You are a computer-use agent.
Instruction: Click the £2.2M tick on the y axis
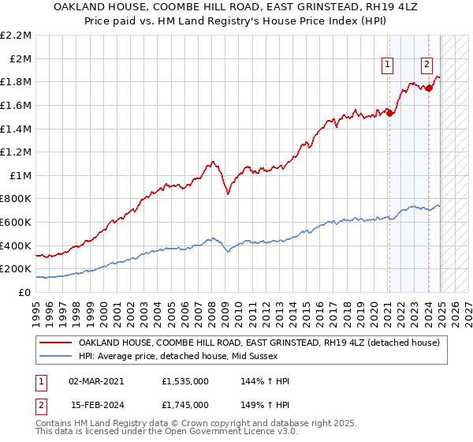tap(16, 36)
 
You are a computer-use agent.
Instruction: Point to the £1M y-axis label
tap(20, 175)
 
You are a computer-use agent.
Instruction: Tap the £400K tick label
tap(16, 245)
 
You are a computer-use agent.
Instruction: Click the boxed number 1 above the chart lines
tap(389, 66)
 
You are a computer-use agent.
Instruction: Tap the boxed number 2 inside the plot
tap(426, 66)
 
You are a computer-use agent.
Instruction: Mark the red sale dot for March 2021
tap(389, 113)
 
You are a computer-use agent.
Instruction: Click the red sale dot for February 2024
tap(429, 88)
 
